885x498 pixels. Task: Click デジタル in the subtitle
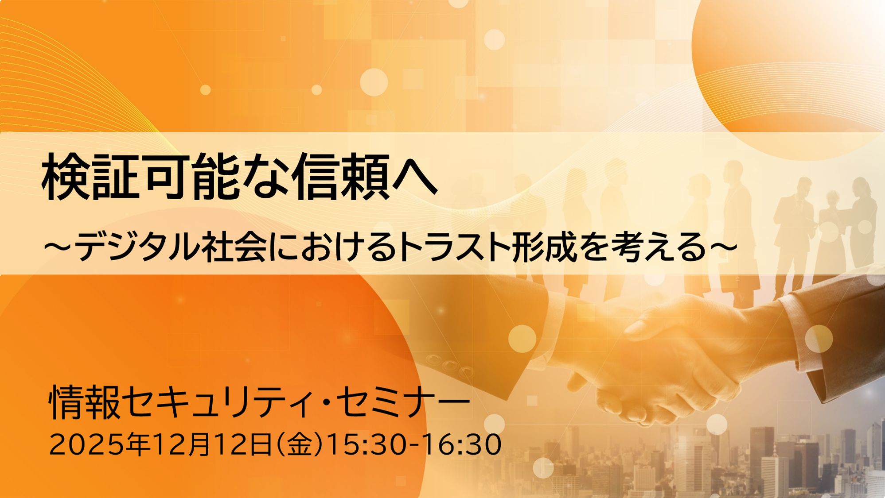[x=135, y=247]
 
